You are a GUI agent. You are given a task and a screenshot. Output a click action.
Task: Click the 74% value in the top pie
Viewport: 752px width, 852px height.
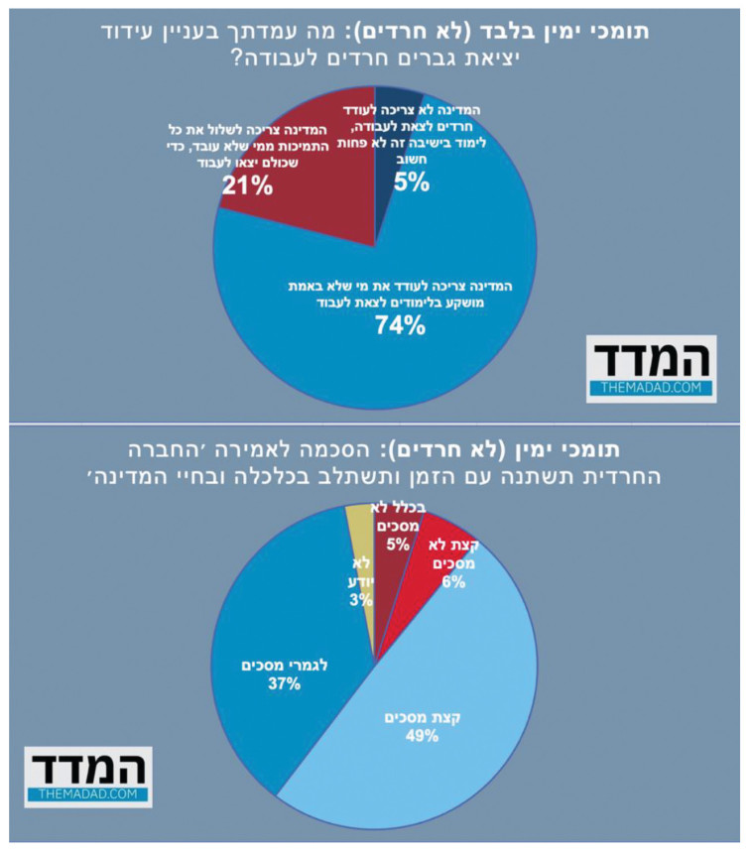point(401,323)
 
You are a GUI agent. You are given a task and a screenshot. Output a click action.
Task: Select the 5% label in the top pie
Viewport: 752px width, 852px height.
point(411,182)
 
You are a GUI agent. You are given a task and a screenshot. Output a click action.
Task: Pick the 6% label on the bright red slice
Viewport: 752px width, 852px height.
point(454,582)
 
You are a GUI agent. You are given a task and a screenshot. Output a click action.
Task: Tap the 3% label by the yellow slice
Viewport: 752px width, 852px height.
point(359,599)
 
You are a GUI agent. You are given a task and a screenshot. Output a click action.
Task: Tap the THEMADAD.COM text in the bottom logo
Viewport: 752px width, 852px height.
point(88,794)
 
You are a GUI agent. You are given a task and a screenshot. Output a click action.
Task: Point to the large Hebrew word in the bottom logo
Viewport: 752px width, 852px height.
point(88,768)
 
